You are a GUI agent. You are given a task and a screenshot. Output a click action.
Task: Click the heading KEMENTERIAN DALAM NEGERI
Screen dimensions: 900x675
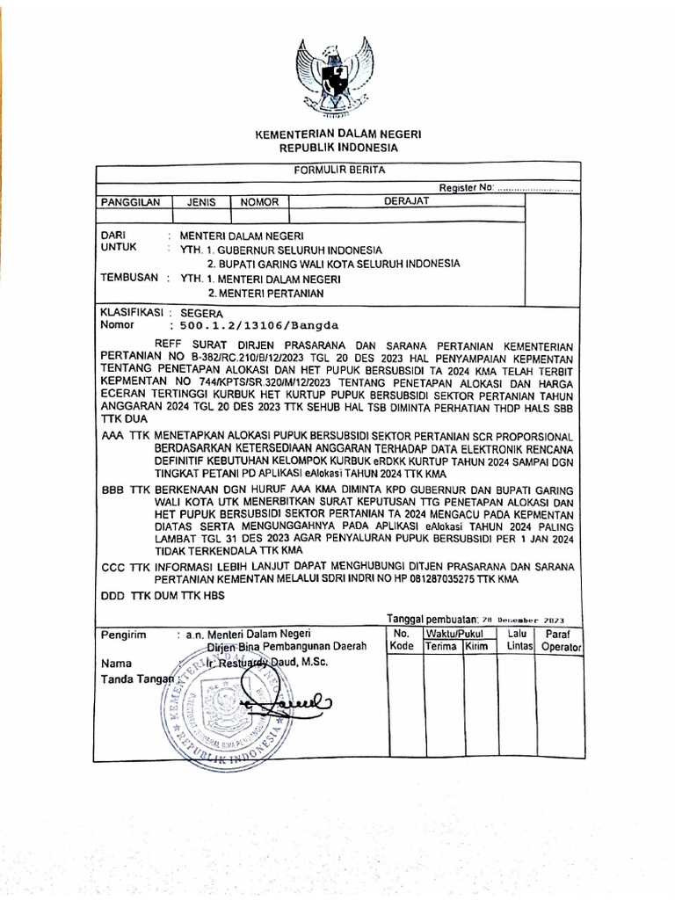click(x=338, y=135)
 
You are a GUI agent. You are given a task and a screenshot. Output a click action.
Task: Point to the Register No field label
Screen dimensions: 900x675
click(x=467, y=187)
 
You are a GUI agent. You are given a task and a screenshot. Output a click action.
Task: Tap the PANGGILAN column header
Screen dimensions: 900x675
click(x=131, y=202)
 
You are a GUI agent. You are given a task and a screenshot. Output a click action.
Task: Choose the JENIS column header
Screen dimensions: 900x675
click(x=201, y=202)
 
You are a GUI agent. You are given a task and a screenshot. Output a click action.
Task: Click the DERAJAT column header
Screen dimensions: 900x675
click(x=406, y=202)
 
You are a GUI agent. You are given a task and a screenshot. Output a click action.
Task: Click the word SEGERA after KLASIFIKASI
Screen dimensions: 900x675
click(x=201, y=313)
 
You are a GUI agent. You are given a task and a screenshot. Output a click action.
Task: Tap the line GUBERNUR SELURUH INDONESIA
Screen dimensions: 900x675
click(x=294, y=250)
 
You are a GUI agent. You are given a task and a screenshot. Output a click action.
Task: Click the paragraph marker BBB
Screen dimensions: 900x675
click(x=113, y=490)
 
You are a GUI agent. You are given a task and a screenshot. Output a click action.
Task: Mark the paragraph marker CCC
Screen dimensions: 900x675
click(x=113, y=567)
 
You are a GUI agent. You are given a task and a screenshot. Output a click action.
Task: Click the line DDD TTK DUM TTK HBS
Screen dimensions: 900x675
click(x=163, y=596)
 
